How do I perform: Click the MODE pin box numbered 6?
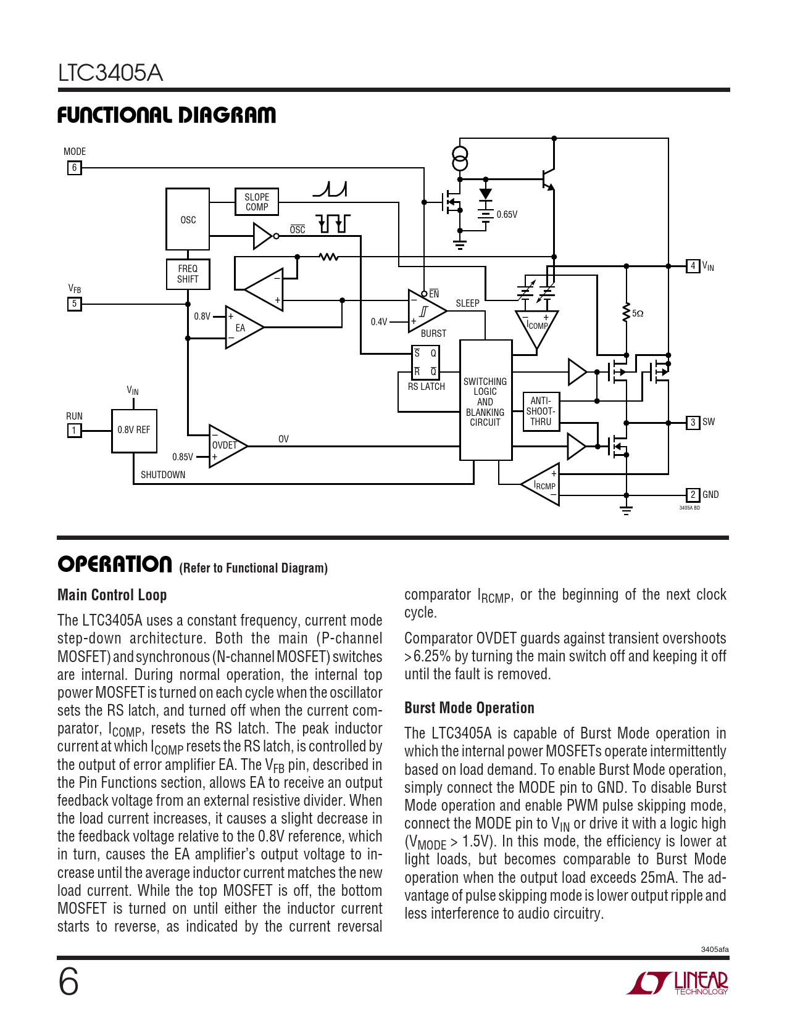click(x=74, y=167)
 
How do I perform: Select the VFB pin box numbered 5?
click(x=74, y=304)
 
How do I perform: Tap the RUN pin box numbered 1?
click(x=74, y=430)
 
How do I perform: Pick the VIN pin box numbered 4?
click(x=693, y=266)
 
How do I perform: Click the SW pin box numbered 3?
click(x=693, y=423)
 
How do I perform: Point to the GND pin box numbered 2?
click(x=693, y=495)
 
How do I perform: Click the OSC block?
click(x=188, y=219)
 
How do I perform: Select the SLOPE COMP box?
click(x=257, y=202)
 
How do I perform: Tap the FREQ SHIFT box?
click(x=188, y=274)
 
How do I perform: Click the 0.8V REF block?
click(x=134, y=430)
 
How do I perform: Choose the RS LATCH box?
click(x=425, y=363)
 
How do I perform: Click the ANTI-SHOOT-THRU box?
click(x=541, y=412)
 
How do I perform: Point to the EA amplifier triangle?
click(x=242, y=328)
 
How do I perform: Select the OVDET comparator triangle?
click(x=225, y=445)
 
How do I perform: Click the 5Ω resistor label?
click(x=638, y=313)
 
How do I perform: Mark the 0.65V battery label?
click(x=507, y=215)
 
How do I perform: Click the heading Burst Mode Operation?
click(x=469, y=708)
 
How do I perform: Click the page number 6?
click(x=69, y=982)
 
